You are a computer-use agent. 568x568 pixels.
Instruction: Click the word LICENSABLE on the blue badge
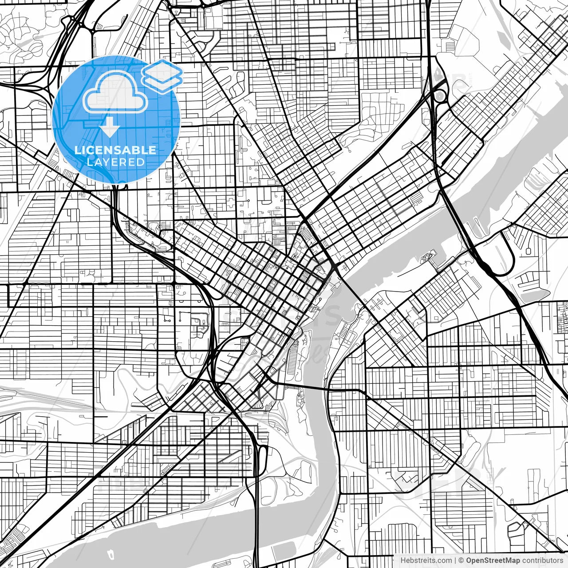(x=115, y=150)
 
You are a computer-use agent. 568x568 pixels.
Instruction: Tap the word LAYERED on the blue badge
(x=115, y=162)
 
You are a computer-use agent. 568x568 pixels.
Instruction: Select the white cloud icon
(x=115, y=92)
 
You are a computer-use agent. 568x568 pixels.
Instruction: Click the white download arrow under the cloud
(x=109, y=128)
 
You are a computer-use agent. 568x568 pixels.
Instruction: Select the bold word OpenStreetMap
(x=493, y=560)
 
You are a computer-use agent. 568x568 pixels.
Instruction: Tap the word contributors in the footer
(x=542, y=560)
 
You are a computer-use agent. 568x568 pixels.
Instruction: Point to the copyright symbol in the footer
(x=461, y=560)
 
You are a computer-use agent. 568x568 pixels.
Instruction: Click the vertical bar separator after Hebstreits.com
(x=456, y=560)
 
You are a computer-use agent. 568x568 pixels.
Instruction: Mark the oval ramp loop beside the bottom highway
(x=263, y=457)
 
